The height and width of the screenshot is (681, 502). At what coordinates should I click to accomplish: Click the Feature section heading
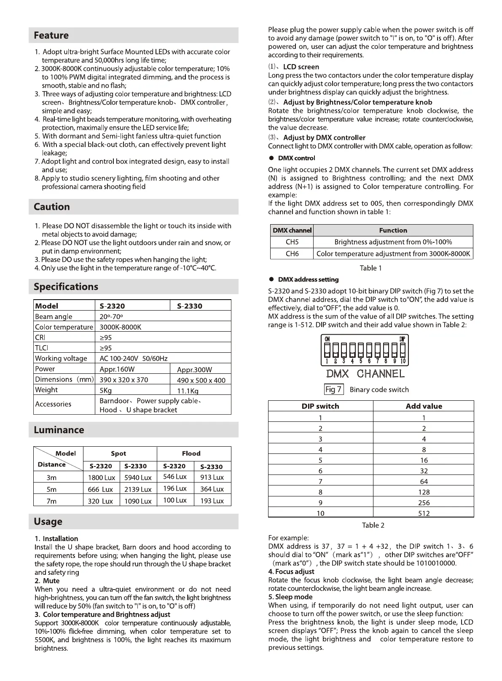(x=51, y=35)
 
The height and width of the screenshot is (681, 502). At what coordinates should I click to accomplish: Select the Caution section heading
(x=52, y=207)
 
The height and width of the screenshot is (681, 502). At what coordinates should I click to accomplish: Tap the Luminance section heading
(x=59, y=430)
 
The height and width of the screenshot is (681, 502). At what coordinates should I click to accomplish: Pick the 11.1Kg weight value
(x=188, y=391)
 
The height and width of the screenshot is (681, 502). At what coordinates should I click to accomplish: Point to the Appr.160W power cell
(x=117, y=369)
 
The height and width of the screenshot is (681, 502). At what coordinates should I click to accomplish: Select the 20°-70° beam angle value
(x=111, y=316)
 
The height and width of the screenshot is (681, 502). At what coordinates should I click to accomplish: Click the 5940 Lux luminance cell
(x=138, y=477)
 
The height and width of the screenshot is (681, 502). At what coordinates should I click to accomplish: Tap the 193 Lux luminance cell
(x=212, y=501)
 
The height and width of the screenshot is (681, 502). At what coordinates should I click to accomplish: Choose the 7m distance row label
(x=51, y=501)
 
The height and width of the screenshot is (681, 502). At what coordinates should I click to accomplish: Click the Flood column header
(x=191, y=453)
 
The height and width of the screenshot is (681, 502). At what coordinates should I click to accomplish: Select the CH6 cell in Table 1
(x=292, y=254)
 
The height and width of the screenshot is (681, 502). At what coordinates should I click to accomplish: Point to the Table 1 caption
(x=371, y=268)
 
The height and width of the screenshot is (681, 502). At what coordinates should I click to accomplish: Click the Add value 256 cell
(x=424, y=503)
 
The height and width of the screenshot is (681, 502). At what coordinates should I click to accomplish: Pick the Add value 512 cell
(x=424, y=513)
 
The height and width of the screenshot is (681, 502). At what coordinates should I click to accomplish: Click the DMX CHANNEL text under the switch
(x=365, y=374)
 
